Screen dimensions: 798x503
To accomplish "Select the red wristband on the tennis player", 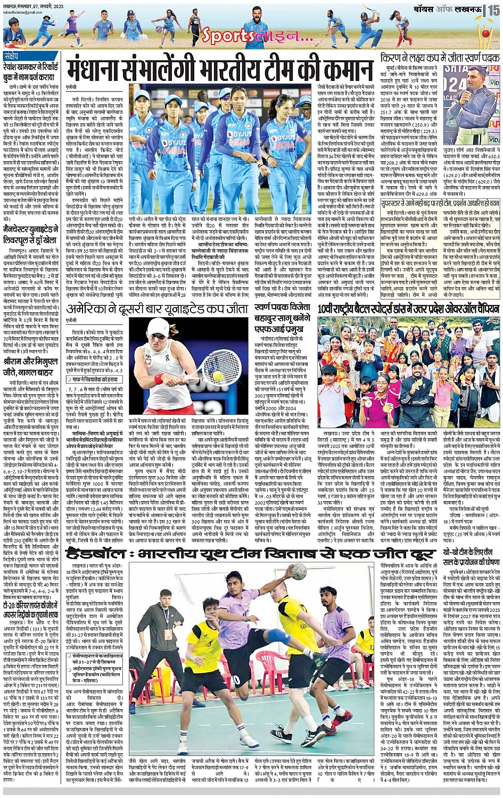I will tap(158, 379).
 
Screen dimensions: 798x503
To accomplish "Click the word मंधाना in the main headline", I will tap(102, 70).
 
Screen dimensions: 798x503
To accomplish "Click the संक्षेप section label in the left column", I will tap(12, 56).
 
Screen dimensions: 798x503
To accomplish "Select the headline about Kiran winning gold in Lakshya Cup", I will tap(440, 59).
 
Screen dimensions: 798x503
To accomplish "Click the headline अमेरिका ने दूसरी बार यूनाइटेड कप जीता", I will tap(156, 309).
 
